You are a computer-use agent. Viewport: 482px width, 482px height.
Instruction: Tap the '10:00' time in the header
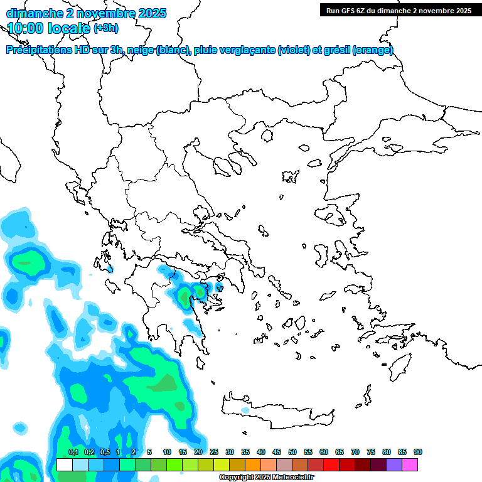click(25, 28)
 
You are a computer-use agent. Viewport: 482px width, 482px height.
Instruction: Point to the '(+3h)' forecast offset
click(105, 28)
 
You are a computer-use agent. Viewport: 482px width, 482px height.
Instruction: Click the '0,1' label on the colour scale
click(73, 452)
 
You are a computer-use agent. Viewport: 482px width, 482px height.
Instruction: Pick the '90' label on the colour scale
click(418, 452)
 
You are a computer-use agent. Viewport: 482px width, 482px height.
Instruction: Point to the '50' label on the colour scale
click(292, 452)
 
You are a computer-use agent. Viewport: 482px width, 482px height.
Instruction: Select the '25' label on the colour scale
click(214, 452)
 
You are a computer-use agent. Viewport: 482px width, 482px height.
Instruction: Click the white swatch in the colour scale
click(64, 464)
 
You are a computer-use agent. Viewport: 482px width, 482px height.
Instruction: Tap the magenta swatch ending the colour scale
click(410, 464)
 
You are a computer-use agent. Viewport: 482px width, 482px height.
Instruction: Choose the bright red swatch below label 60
click(331, 464)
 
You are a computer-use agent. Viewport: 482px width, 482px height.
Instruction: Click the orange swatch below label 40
click(253, 464)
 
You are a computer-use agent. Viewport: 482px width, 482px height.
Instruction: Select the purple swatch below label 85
click(394, 464)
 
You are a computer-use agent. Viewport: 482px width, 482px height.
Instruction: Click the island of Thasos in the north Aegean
click(267, 135)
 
